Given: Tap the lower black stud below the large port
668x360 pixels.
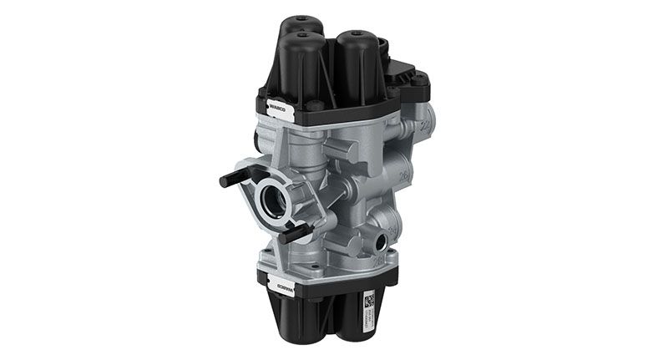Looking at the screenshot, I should click(x=296, y=236).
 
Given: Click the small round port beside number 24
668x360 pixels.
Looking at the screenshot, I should click(x=383, y=242).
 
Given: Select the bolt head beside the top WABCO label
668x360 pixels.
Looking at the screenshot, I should click(x=316, y=106).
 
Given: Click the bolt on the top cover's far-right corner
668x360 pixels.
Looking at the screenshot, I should click(x=424, y=82).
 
